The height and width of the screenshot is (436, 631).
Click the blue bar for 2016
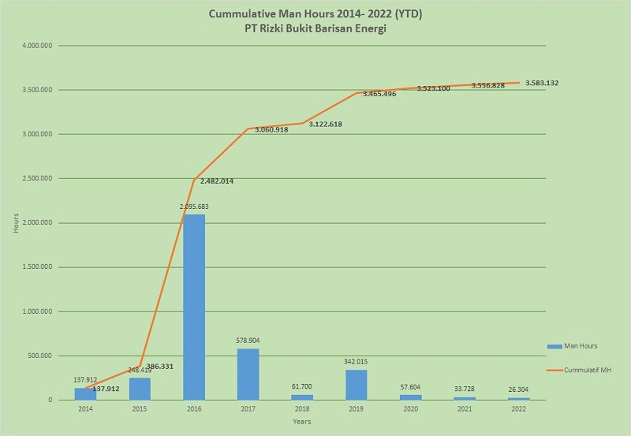[194, 307]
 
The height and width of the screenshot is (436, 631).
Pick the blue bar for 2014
[85, 393]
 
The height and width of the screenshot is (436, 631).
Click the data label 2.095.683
[194, 207]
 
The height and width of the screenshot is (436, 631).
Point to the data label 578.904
[248, 341]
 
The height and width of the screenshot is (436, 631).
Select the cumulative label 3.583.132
[547, 83]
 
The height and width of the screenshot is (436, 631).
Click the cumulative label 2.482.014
[222, 181]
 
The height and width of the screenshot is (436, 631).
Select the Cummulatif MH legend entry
[584, 369]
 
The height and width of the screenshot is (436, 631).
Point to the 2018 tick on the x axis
[302, 409]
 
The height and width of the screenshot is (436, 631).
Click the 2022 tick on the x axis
[519, 409]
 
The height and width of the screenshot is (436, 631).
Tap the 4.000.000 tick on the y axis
[38, 46]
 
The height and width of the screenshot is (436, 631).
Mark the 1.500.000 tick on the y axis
[38, 267]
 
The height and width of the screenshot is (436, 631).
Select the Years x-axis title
[302, 422]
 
